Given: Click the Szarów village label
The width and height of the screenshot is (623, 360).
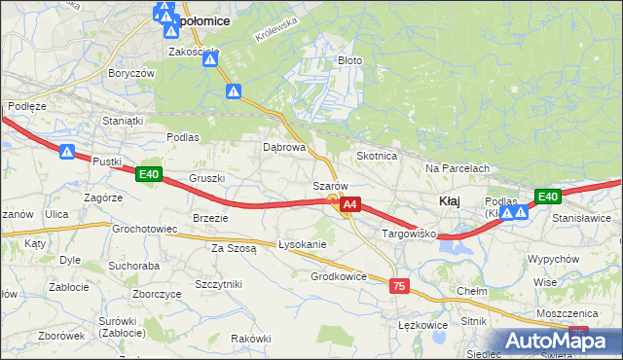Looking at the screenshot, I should coord(330,185).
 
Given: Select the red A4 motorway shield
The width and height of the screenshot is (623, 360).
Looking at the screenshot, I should coord(351,205).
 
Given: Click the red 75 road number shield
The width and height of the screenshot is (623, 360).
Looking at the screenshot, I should coord(398,286).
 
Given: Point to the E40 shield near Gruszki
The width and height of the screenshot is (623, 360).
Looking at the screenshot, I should coord(148,174).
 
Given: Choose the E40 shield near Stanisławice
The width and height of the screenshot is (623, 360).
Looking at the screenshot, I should coord(548,197).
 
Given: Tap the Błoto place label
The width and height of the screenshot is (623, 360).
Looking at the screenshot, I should coord(349,60).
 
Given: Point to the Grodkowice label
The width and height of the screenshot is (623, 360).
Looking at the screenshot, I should coord(338,276).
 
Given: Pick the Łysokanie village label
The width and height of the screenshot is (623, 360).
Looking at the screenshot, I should coord(302,243).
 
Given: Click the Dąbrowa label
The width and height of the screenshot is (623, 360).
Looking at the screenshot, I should coord(285,148).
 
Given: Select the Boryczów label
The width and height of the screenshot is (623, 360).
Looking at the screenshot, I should coord(132,73).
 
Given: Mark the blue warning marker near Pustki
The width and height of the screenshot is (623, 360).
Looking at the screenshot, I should coord(66,152).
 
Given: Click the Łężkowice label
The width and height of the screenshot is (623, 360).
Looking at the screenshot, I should coord(422,324).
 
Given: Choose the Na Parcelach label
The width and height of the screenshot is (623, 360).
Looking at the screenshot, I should coord(457,168).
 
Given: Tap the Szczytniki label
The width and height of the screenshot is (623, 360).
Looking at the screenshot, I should coord(218,282).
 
